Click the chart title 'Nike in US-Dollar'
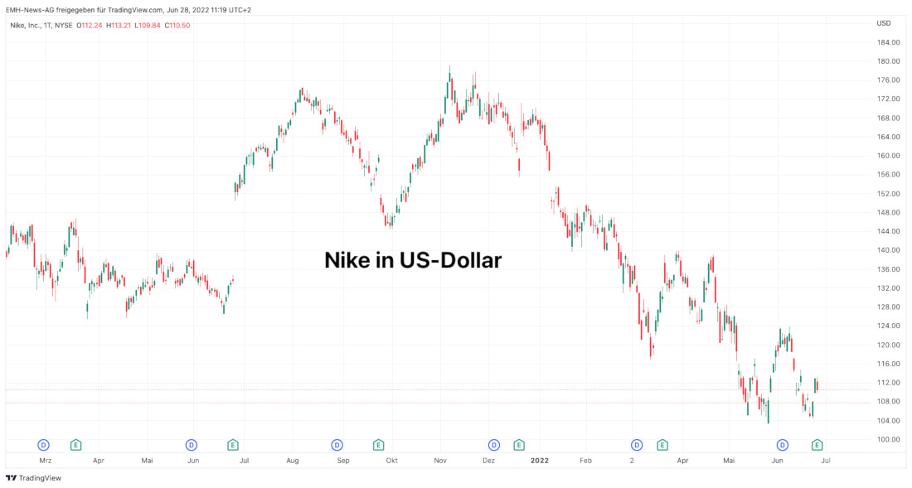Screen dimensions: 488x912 [x=413, y=260]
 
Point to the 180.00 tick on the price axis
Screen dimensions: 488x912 [x=888, y=61]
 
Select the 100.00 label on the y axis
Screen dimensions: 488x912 [x=888, y=440]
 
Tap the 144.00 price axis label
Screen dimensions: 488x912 [x=888, y=232]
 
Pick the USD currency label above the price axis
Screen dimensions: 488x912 [x=884, y=23]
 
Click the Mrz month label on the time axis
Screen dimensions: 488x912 [x=46, y=459]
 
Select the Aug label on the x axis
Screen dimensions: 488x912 [x=293, y=459]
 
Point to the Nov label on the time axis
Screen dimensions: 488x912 [x=441, y=459]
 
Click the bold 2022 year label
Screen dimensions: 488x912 [x=539, y=459]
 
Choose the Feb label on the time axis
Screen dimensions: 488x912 [x=586, y=459]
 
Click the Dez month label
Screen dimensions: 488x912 [x=489, y=459]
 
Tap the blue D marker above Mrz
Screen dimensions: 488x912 [x=44, y=445]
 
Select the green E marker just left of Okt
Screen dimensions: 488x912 [x=378, y=445]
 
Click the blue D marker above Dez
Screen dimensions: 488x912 [x=494, y=445]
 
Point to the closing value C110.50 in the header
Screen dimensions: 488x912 [x=177, y=25]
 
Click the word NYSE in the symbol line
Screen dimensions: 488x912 [x=64, y=25]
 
